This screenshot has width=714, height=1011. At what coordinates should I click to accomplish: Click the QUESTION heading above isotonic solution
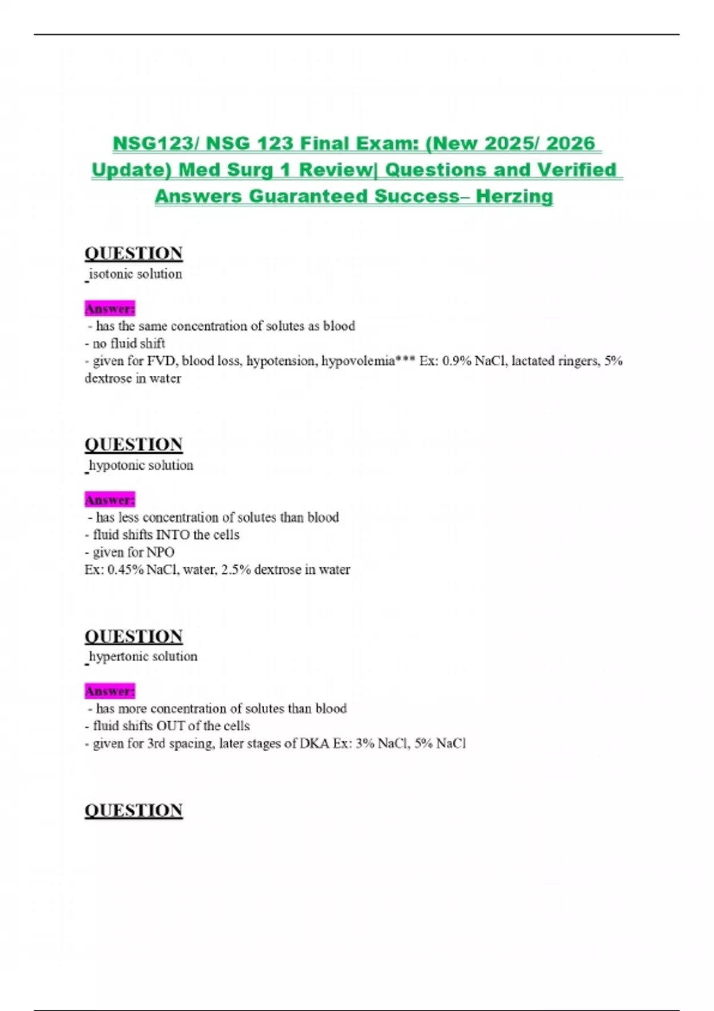(x=133, y=253)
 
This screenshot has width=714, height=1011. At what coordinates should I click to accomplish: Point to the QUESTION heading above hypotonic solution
(x=133, y=445)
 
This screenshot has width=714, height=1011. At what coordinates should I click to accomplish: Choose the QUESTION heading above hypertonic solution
(x=133, y=636)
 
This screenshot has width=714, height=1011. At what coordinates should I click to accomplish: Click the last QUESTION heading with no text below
(x=133, y=811)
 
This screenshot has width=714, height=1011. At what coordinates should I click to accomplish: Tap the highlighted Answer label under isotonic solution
(x=110, y=309)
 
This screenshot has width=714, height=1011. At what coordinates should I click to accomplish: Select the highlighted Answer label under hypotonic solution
(x=110, y=500)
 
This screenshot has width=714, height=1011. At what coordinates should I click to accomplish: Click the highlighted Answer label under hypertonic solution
(x=110, y=692)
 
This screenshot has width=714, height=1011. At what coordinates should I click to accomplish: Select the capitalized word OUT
(x=170, y=726)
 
